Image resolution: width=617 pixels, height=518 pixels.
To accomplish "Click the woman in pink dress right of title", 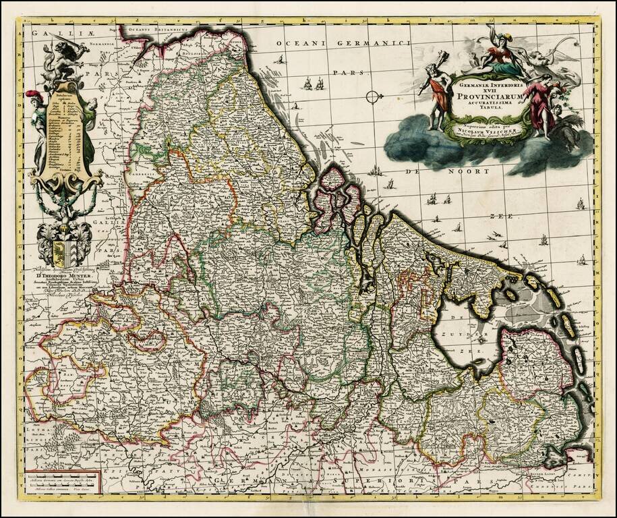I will [540, 104].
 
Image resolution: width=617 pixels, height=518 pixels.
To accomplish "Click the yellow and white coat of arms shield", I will [63, 252].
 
